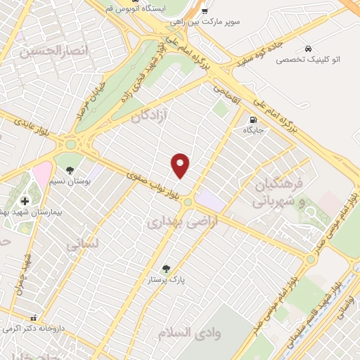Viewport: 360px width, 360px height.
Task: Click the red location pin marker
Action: (181, 165)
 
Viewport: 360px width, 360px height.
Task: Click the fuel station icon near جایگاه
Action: (252, 119)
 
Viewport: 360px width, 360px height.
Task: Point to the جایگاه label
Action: (252, 130)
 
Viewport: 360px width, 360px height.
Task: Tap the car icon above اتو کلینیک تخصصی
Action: (309, 48)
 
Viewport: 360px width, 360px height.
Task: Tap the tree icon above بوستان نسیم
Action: (69, 171)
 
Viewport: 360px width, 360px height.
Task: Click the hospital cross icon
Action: (25, 201)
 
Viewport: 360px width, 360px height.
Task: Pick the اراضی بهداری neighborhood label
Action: (175, 222)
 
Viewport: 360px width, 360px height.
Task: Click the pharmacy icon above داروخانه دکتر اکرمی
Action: (34, 317)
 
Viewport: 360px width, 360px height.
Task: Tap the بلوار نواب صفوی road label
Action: (156, 186)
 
